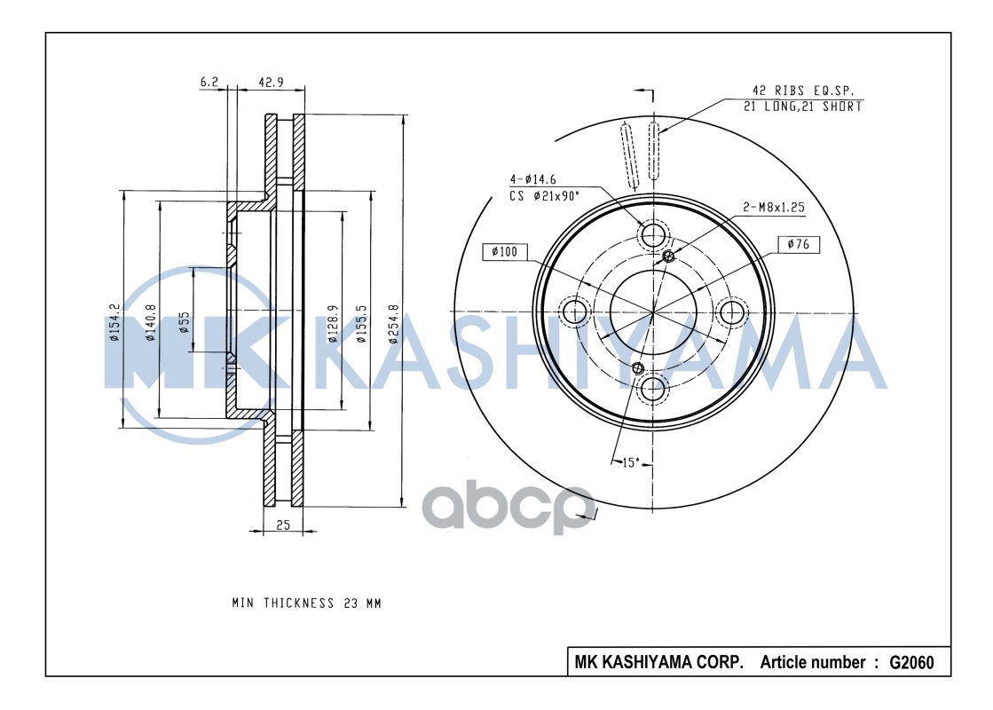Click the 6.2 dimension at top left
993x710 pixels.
pos(209,82)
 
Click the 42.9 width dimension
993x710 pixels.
pos(270,82)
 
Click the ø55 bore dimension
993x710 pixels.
pos(184,321)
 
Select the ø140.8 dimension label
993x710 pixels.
pos(152,323)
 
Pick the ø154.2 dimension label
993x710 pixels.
pos(114,323)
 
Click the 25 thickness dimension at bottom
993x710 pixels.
pos(282,525)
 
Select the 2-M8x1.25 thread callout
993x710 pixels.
pos(773,207)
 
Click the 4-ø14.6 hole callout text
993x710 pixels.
pos(533,178)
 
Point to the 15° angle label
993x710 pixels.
pos(630,461)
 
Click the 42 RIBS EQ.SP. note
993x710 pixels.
pos(802,90)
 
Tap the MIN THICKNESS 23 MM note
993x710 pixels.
pos(306,603)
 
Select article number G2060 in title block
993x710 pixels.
pos(910,663)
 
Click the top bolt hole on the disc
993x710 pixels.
pos(654,235)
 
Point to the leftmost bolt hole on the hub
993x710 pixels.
pos(576,312)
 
